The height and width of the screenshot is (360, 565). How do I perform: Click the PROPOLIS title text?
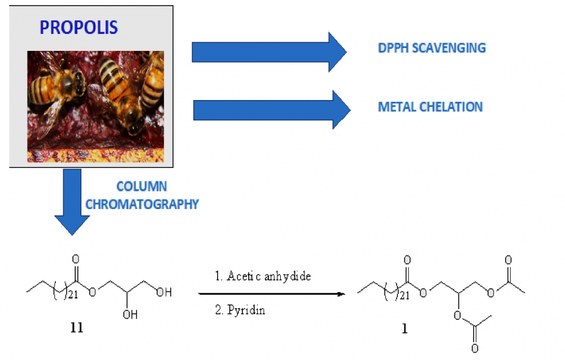tap(79, 27)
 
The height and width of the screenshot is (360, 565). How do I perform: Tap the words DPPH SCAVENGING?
tap(432, 48)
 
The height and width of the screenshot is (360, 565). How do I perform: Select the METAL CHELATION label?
tap(430, 107)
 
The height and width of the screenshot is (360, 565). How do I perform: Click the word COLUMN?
tap(142, 186)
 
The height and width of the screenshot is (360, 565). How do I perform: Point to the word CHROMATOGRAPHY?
tap(142, 205)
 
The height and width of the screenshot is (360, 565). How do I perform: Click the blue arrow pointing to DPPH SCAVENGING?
tap(269, 52)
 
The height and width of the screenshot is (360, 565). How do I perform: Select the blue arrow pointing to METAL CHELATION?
tap(272, 110)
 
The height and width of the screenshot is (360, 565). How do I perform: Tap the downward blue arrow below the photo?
tap(72, 202)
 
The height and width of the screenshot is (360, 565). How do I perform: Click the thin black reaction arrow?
tap(272, 294)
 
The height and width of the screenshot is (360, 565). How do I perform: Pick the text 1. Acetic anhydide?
tap(263, 276)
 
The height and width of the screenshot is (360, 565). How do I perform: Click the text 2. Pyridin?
tap(240, 310)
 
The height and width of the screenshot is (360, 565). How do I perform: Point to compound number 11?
tap(77, 328)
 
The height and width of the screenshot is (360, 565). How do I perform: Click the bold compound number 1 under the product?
tap(405, 329)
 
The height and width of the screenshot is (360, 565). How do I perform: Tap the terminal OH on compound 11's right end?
tap(164, 292)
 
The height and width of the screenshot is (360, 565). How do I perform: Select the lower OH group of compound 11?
tap(130, 315)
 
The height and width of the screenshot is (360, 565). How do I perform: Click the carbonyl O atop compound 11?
tap(75, 259)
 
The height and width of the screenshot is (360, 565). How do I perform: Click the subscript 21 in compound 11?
tap(73, 295)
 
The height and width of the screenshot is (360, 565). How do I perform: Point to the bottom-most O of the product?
tap(475, 348)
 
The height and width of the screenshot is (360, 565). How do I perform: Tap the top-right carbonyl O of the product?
tap(508, 260)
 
